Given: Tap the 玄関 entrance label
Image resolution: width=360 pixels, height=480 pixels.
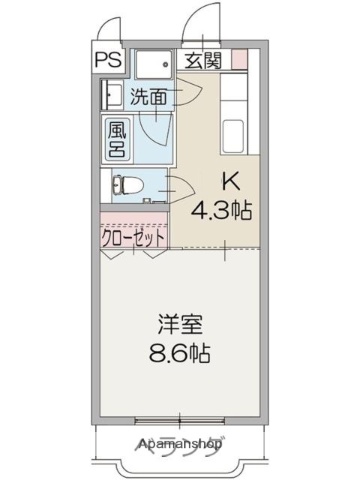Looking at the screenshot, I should coord(203,60).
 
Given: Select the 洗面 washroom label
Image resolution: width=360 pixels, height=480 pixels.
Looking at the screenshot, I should coord(147,97).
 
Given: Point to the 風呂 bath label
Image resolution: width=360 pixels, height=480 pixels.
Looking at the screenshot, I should coord(118,137).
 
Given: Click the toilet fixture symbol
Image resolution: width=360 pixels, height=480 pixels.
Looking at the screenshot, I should coord(123,186).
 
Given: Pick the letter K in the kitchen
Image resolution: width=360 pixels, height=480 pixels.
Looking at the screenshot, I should coord(228,183).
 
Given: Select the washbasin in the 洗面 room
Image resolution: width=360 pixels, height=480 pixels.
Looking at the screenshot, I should coord(109,96).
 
